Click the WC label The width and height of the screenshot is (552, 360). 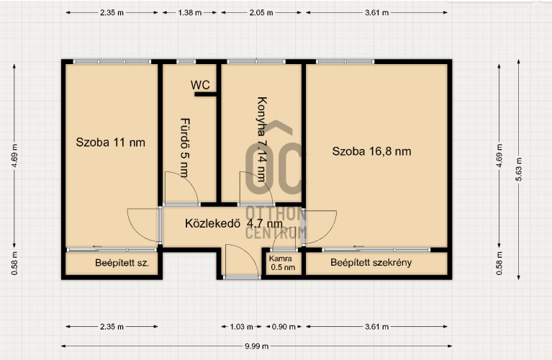(200, 85)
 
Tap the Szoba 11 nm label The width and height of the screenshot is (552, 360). (111, 143)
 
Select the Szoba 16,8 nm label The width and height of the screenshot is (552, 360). (372, 151)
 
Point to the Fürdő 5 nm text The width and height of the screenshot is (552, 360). (185, 148)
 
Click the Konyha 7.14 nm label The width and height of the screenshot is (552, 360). (261, 139)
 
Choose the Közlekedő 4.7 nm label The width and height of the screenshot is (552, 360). (234, 223)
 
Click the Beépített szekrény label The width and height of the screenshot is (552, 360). (371, 262)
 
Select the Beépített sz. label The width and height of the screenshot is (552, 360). (122, 263)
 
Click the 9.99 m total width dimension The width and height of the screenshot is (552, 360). (257, 346)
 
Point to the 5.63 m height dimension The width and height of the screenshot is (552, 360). (519, 169)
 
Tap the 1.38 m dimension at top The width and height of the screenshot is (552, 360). (190, 13)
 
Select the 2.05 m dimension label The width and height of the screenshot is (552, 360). (261, 13)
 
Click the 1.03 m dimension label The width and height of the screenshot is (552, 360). (242, 327)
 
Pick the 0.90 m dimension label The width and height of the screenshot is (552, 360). (284, 327)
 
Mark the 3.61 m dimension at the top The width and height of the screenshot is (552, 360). (376, 13)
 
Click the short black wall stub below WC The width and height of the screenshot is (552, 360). (206, 94)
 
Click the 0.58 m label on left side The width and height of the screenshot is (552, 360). (14, 263)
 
